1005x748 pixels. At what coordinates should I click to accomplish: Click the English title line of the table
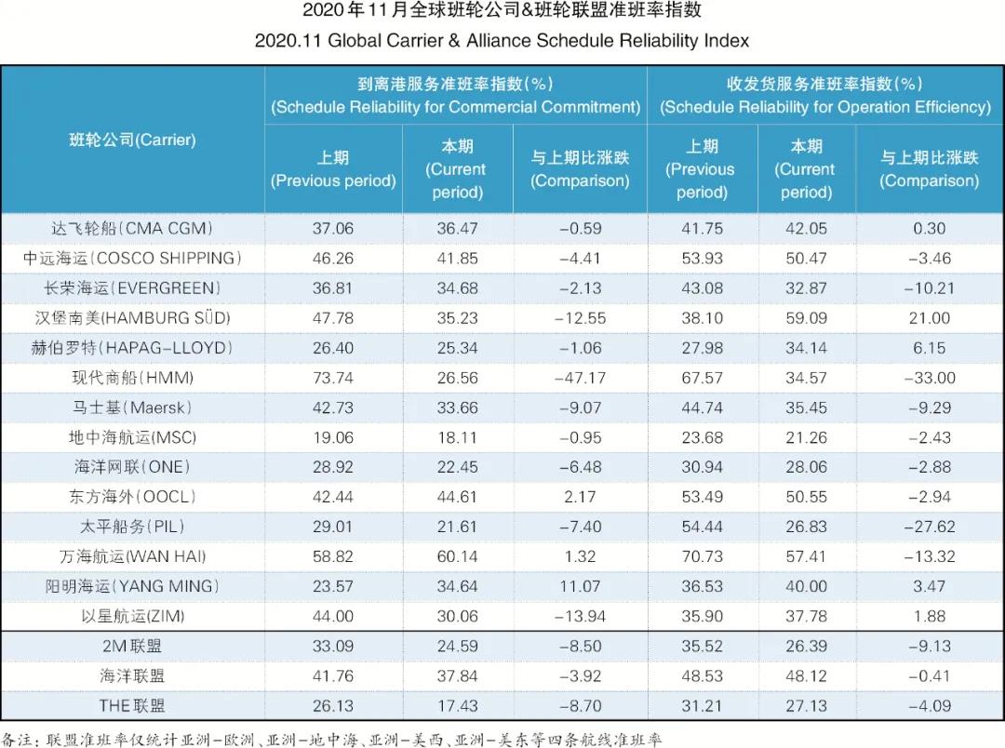click(x=502, y=41)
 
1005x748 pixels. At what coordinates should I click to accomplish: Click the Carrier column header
click(x=132, y=140)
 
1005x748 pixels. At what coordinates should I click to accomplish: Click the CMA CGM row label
click(x=132, y=228)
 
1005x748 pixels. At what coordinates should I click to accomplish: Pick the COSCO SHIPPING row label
click(x=132, y=258)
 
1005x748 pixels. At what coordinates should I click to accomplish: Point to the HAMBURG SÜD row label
click(x=132, y=318)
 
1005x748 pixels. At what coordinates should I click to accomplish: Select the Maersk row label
click(x=132, y=407)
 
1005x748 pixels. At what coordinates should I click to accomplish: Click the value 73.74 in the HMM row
click(x=333, y=378)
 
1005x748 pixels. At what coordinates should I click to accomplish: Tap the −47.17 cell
click(x=579, y=378)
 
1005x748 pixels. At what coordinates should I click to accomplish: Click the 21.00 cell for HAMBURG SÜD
click(x=929, y=318)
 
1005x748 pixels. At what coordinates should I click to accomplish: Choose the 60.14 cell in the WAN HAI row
click(x=457, y=556)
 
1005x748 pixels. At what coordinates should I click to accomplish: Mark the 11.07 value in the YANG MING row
click(x=579, y=586)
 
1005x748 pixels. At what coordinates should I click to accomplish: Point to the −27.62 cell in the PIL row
click(x=929, y=527)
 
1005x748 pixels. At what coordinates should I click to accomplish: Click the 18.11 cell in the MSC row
click(x=457, y=437)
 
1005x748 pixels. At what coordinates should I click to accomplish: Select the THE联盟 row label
click(x=132, y=705)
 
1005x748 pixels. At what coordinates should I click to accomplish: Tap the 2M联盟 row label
click(x=132, y=646)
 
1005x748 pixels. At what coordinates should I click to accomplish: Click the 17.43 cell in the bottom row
click(x=457, y=705)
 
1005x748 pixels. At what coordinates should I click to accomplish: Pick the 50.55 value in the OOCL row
click(x=806, y=497)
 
